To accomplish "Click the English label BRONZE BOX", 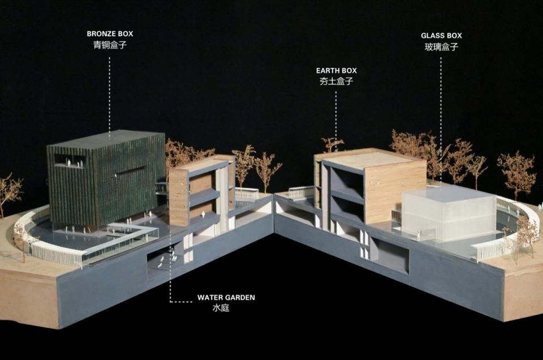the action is [110, 33].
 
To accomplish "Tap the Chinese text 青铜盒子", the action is [110, 45].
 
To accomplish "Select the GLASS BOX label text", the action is [441, 35].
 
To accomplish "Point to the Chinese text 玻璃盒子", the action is [441, 47].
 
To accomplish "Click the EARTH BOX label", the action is [336, 70].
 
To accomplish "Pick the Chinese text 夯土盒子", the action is [336, 82].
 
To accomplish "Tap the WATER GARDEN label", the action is [226, 297].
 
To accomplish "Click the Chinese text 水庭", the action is [221, 308].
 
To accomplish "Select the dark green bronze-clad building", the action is [106, 177].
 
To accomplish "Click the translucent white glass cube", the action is [449, 213].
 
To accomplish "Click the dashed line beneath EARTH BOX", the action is [335, 121].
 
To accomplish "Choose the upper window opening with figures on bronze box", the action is [70, 161].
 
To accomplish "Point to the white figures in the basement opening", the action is [168, 259].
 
